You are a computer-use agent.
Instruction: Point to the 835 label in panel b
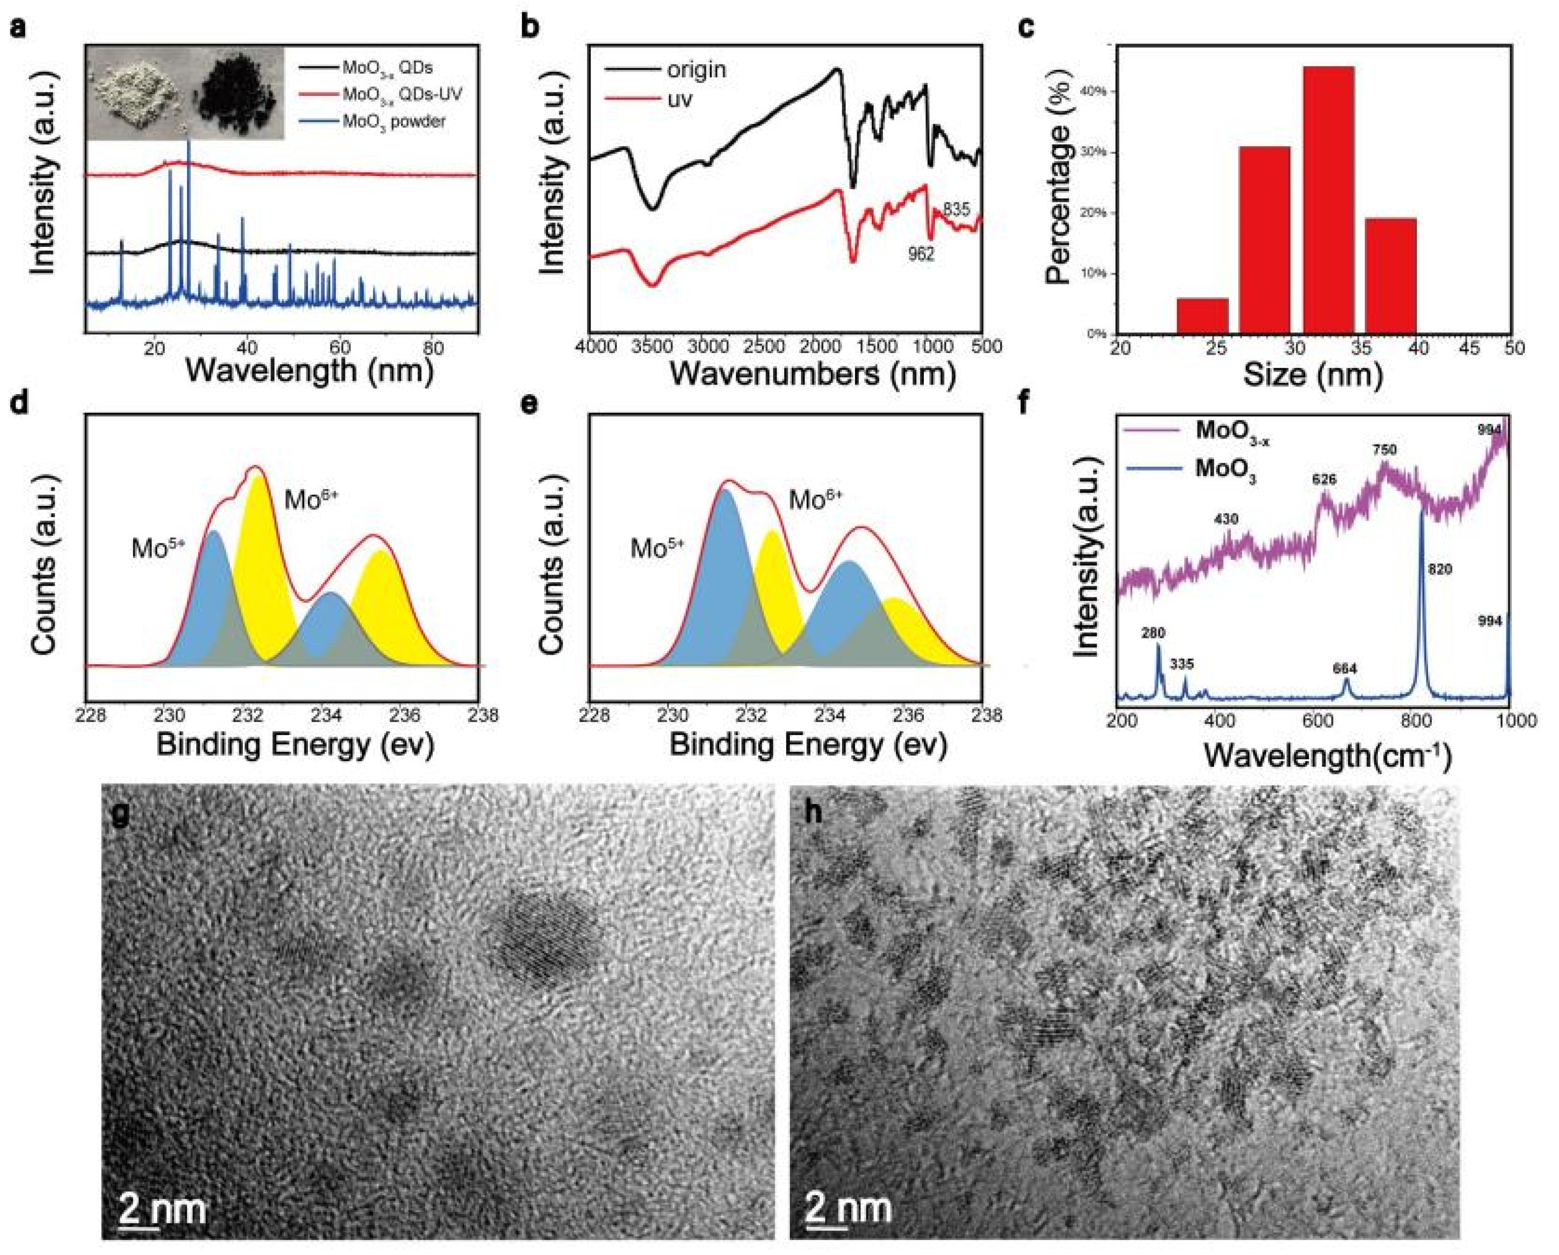[x=956, y=210]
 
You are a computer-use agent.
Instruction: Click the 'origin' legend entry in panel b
[x=696, y=70]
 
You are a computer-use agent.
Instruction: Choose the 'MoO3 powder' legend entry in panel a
[x=394, y=121]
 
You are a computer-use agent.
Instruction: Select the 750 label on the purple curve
[x=1385, y=450]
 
